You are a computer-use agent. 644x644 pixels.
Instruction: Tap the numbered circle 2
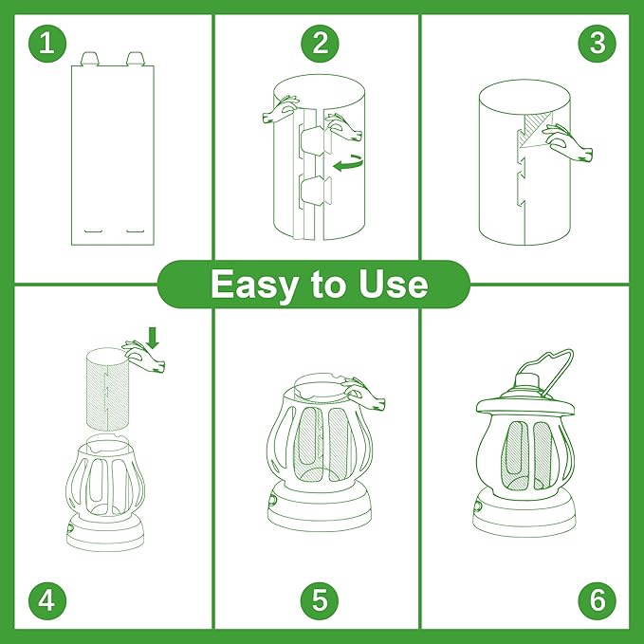pos(320,44)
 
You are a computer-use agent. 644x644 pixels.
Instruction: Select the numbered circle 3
pos(597,44)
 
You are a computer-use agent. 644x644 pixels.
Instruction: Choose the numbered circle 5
pos(320,599)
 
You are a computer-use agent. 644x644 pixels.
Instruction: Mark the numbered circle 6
pos(597,599)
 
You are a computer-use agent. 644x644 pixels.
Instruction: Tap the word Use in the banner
pos(392,285)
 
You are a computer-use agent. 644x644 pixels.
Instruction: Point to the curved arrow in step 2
pos(347,164)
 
